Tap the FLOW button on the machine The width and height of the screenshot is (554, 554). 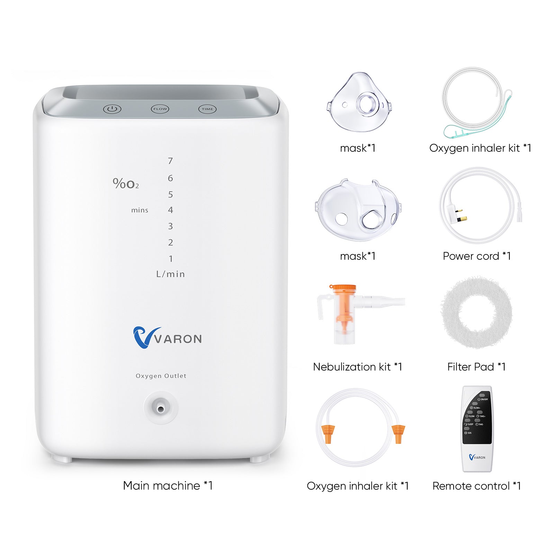coord(160,109)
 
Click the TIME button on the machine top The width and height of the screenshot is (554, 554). coord(207,109)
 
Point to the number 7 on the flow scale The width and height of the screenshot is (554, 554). coord(170,161)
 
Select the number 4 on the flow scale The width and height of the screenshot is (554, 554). coord(170,210)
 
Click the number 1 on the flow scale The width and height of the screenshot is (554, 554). coord(171,259)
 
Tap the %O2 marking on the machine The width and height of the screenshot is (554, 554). coord(126,184)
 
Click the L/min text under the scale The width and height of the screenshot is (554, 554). coord(170,274)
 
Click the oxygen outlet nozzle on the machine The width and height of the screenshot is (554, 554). coord(161,409)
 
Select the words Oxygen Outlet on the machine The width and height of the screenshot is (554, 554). coord(161,376)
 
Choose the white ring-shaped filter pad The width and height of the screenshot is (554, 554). coord(476,312)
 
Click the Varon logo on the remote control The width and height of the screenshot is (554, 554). coord(477,457)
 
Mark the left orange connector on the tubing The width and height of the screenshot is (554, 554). coord(328,433)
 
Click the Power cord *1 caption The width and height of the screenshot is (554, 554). coord(477,256)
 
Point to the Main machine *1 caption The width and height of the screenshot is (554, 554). coord(168,486)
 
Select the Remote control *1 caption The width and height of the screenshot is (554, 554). coord(477,486)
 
